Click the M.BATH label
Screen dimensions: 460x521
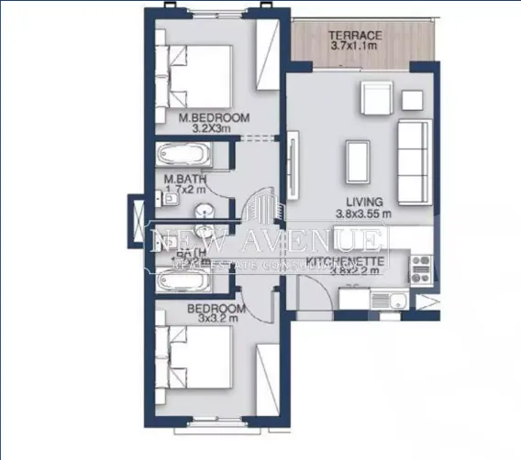tap(183, 180)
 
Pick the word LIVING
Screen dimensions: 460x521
tap(363, 203)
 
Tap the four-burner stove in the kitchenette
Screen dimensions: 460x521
tap(421, 268)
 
